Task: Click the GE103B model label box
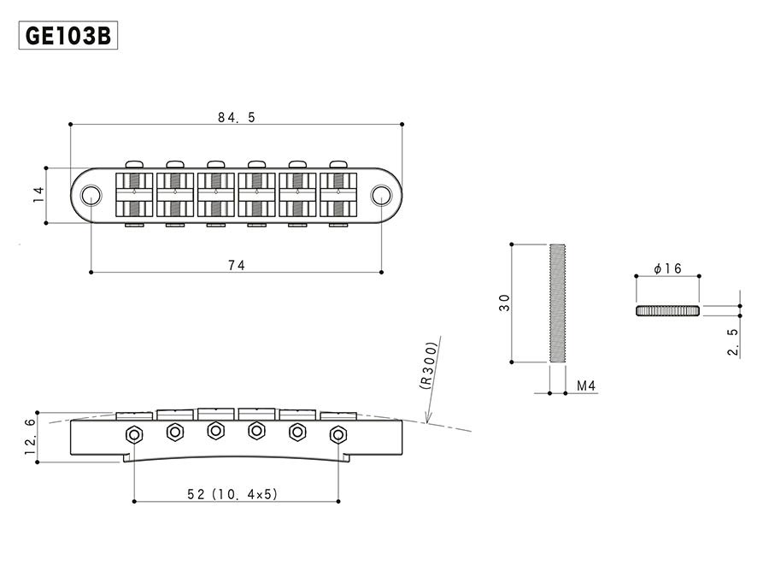[x=68, y=37]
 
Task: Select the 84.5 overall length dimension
[x=236, y=118]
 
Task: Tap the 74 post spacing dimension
[x=236, y=266]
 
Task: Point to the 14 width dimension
[x=38, y=196]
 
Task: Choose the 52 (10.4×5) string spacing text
[x=236, y=494]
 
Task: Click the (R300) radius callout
[x=430, y=365]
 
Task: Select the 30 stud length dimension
[x=505, y=303]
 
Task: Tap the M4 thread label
[x=586, y=387]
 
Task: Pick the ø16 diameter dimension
[x=666, y=268]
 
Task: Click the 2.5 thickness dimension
[x=733, y=340]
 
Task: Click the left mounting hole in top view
[x=91, y=196]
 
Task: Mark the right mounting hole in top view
[x=381, y=196]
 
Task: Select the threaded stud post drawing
[x=556, y=303]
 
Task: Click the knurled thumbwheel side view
[x=667, y=310]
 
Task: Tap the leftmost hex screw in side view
[x=134, y=434]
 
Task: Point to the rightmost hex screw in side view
[x=338, y=435]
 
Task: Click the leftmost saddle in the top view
[x=134, y=195]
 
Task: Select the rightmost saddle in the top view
[x=338, y=195]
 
